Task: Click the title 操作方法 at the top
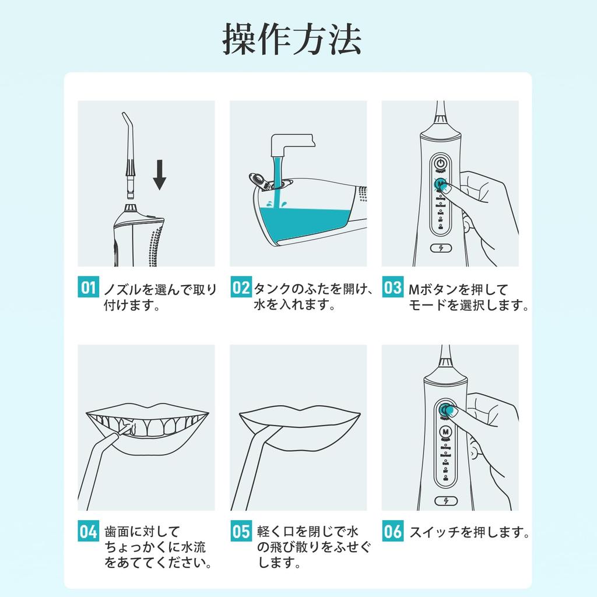point(292,40)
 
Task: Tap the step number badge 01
point(88,288)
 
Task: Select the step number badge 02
point(240,288)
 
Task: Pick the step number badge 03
point(392,288)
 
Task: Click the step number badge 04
point(88,532)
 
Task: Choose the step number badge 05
point(240,532)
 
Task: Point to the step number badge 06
point(392,532)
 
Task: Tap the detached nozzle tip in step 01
point(129,154)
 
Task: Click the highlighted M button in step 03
point(441,185)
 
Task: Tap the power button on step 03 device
point(441,163)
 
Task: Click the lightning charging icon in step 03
point(441,248)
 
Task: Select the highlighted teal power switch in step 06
point(446,410)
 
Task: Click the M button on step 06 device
point(446,432)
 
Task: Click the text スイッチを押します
point(469,532)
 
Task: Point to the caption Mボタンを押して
point(449,289)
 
